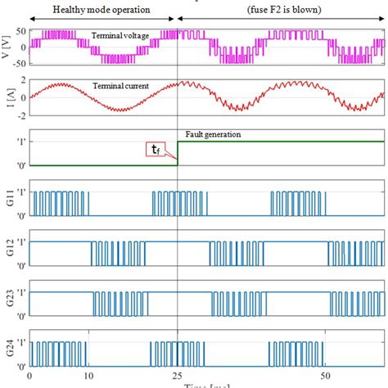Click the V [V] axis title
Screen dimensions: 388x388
(7, 47)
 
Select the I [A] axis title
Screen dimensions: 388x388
(7, 97)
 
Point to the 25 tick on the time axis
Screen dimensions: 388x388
(178, 376)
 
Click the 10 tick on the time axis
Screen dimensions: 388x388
(89, 376)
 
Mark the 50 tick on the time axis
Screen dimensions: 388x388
(326, 376)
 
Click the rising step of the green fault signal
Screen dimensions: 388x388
(178, 153)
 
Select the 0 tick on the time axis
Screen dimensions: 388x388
(30, 376)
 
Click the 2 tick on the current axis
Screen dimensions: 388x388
(23, 80)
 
